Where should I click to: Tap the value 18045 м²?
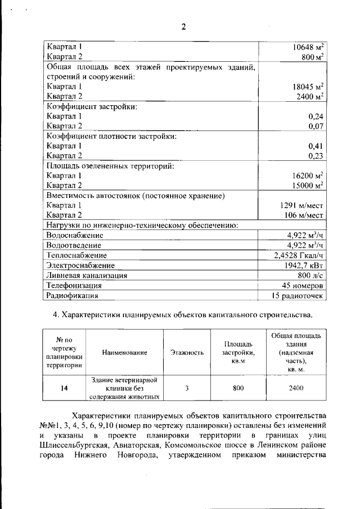308,87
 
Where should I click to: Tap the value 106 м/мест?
304,215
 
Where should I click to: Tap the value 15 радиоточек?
298,295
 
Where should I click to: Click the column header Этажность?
186,353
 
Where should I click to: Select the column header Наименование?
125,353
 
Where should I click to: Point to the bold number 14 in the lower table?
65,388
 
